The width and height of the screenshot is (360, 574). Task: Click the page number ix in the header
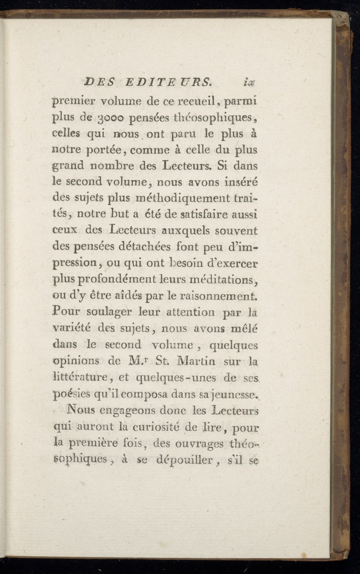(249, 82)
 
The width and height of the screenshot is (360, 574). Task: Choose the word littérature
(81, 378)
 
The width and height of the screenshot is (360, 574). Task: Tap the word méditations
(222, 281)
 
